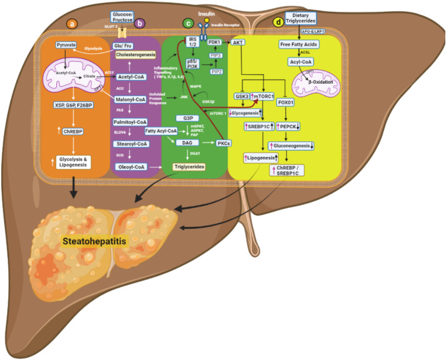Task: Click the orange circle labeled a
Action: click(72, 24)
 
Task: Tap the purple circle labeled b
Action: click(140, 24)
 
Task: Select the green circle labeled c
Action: click(187, 23)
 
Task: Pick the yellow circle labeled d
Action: click(278, 24)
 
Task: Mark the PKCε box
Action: click(224, 143)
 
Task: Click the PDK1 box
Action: click(216, 42)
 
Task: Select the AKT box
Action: click(238, 43)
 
